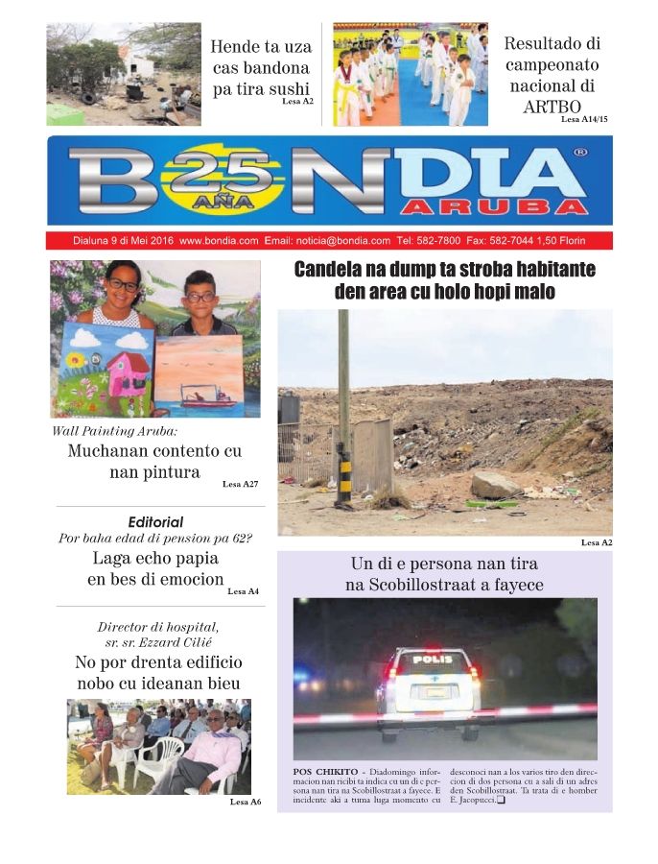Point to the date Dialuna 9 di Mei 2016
[x=123, y=241]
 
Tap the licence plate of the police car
[x=436, y=690]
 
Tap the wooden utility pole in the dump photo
[x=343, y=403]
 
